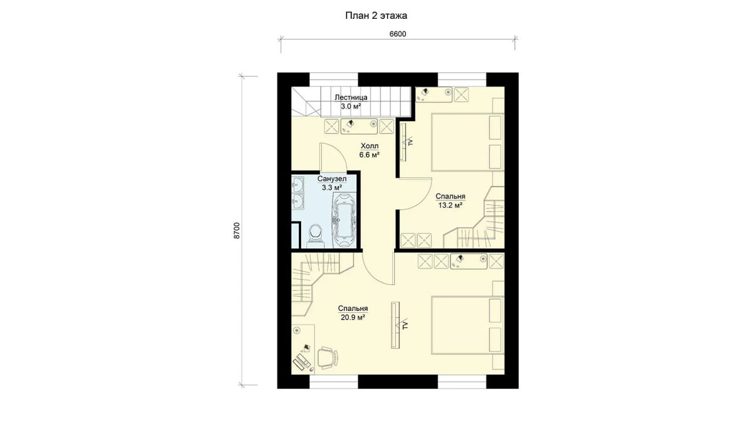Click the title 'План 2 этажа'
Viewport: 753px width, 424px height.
(x=376, y=16)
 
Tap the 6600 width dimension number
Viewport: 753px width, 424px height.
(x=398, y=34)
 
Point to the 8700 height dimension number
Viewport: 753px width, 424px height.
(x=237, y=231)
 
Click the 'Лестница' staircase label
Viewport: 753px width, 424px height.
(x=351, y=97)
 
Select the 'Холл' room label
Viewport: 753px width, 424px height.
(x=370, y=146)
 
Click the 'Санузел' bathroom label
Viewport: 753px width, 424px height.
(x=332, y=178)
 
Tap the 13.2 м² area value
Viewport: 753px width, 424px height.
(x=450, y=205)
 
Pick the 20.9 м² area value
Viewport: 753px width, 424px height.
(x=353, y=317)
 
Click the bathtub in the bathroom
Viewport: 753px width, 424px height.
(x=344, y=220)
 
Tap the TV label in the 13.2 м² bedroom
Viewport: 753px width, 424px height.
(x=410, y=143)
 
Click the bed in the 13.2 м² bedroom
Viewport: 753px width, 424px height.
(x=467, y=142)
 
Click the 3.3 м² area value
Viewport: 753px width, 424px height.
(x=332, y=187)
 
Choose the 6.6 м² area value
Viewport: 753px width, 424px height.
(x=370, y=155)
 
